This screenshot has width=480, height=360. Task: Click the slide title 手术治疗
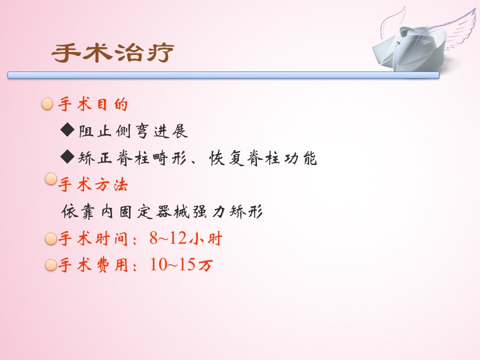click(x=112, y=52)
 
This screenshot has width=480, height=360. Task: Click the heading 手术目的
click(x=93, y=104)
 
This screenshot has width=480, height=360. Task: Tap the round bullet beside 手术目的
click(x=47, y=104)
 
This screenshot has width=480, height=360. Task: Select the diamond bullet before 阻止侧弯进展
click(x=67, y=130)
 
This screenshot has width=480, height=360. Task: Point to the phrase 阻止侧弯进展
click(x=133, y=131)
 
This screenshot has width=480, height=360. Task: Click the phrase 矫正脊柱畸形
click(x=132, y=158)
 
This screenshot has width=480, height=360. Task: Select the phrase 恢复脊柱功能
click(x=263, y=158)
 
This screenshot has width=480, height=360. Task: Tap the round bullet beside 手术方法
click(x=51, y=179)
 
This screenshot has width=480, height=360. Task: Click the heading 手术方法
click(x=93, y=185)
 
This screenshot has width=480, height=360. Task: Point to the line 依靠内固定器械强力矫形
click(x=162, y=211)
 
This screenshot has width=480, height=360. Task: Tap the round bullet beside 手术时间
click(x=51, y=238)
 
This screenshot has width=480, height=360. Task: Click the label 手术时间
click(x=93, y=238)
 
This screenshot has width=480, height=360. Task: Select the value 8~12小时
click(x=186, y=238)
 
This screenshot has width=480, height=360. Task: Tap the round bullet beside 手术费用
click(x=51, y=265)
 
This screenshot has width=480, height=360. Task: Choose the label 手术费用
click(x=93, y=265)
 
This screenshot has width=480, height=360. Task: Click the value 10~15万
click(x=181, y=264)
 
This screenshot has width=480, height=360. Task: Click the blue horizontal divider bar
click(x=223, y=75)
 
